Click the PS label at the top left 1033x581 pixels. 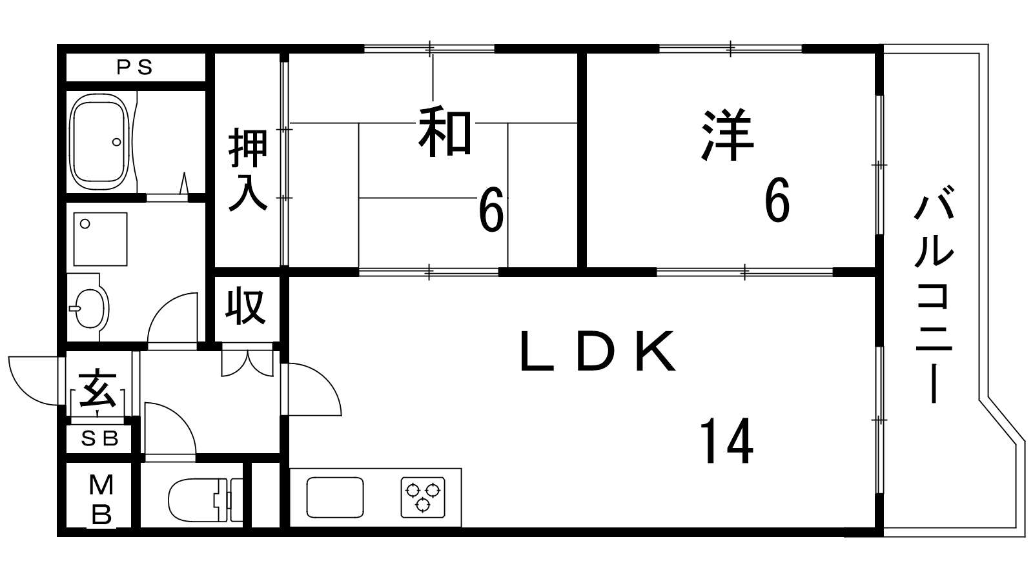[x=134, y=68]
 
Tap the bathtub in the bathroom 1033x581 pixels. [x=99, y=141]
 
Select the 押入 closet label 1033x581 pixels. [x=248, y=169]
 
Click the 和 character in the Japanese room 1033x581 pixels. [x=445, y=132]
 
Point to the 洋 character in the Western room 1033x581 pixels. [x=727, y=135]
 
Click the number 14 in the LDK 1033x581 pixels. [x=726, y=441]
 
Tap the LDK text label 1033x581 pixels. [x=598, y=352]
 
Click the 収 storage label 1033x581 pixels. [x=246, y=306]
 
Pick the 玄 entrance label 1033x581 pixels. [x=97, y=388]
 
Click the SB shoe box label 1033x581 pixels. [x=99, y=438]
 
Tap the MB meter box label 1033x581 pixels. [x=101, y=500]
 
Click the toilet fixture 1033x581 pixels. [x=205, y=500]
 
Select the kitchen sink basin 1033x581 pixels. [x=335, y=498]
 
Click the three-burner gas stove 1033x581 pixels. [x=423, y=497]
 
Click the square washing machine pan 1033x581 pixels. [x=100, y=239]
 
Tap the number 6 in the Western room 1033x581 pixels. [x=777, y=199]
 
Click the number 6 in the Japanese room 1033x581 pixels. [x=491, y=210]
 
